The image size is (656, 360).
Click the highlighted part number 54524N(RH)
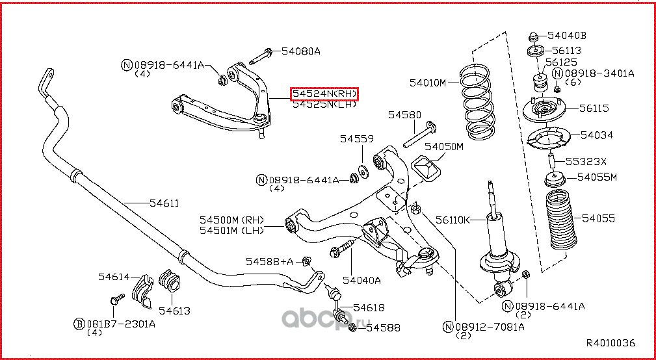click(x=324, y=94)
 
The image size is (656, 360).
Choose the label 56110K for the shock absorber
click(x=453, y=220)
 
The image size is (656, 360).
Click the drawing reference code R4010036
click(x=610, y=342)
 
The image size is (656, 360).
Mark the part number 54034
click(x=596, y=135)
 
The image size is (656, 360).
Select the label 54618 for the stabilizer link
click(x=369, y=307)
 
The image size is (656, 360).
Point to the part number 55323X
click(x=585, y=162)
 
